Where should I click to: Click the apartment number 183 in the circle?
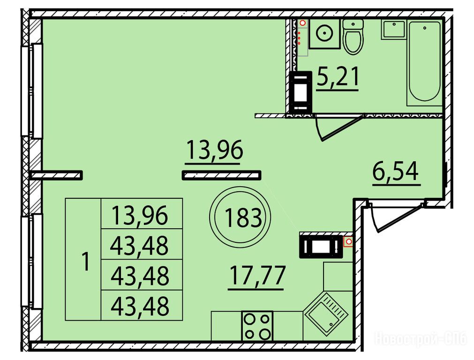pos(243,218)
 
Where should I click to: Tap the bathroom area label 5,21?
pos(338,77)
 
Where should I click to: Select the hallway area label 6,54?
pos(396,172)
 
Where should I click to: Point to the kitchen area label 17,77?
pos(257,275)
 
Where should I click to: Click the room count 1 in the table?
pos(86,262)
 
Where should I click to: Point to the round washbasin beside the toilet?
pos(324,33)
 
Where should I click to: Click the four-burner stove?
pos(257,326)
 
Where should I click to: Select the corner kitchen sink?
pos(326,314)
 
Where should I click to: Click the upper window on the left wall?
pos(32,91)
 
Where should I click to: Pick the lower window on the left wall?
pos(32,261)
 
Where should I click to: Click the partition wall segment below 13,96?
pos(221,175)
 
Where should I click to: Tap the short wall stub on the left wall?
pos(57,175)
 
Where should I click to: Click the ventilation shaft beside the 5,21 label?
pos(301,91)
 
